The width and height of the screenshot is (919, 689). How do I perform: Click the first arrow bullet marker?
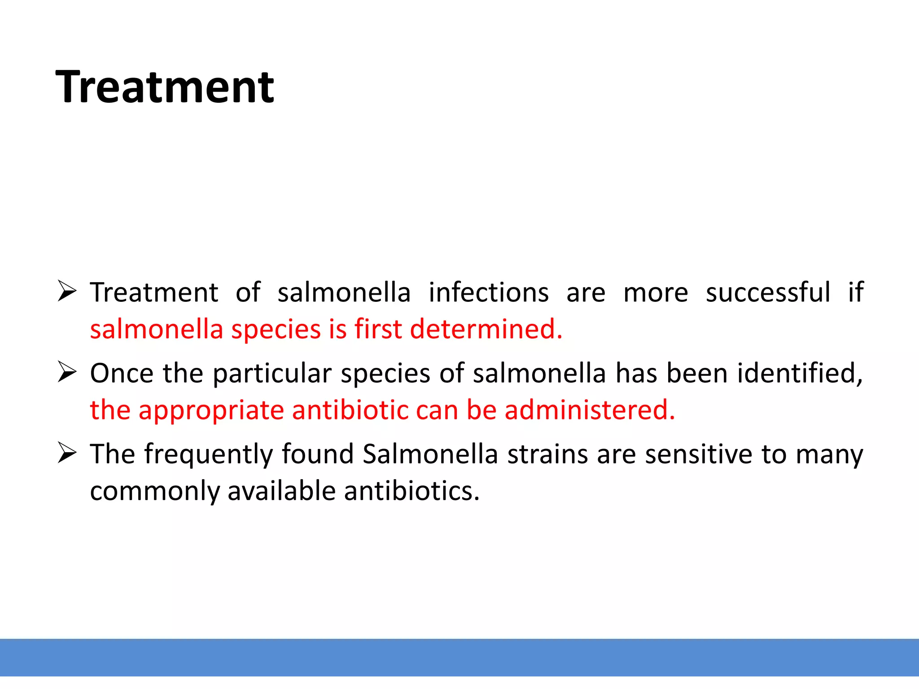tap(67, 292)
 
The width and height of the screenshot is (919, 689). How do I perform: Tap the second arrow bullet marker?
tap(67, 372)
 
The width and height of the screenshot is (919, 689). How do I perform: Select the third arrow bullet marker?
tap(67, 453)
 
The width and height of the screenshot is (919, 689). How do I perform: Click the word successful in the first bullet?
tap(768, 292)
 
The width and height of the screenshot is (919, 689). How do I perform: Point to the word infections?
tap(488, 292)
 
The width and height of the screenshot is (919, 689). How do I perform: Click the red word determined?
tap(486, 329)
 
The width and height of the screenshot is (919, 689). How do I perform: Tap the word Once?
tap(121, 373)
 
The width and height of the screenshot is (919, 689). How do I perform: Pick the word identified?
tap(800, 373)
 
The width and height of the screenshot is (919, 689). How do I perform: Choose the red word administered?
tap(589, 410)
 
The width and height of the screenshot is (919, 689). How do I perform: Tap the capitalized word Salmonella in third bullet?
tap(430, 454)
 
